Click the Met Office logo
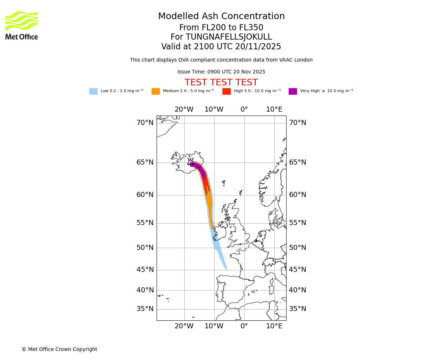[x=22, y=25]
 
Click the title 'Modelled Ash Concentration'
[x=221, y=17]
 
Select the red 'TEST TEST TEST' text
[x=221, y=83]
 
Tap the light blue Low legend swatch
[x=93, y=91]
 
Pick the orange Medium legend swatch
[x=156, y=91]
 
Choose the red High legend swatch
[x=226, y=91]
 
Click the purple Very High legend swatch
[x=293, y=91]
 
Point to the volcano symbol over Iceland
[x=190, y=162]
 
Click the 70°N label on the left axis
[x=145, y=123]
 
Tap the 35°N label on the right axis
[x=298, y=309]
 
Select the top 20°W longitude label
[x=184, y=109]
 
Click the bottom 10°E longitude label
[x=274, y=326]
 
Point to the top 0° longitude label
[x=244, y=109]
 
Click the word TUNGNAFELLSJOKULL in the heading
[x=229, y=37]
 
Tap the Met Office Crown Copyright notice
[x=59, y=350]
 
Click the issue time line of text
[x=221, y=72]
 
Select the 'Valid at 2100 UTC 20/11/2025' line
[x=221, y=47]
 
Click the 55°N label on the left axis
[x=145, y=223]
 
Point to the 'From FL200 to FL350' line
[x=221, y=28]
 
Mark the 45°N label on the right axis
[x=298, y=270]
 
